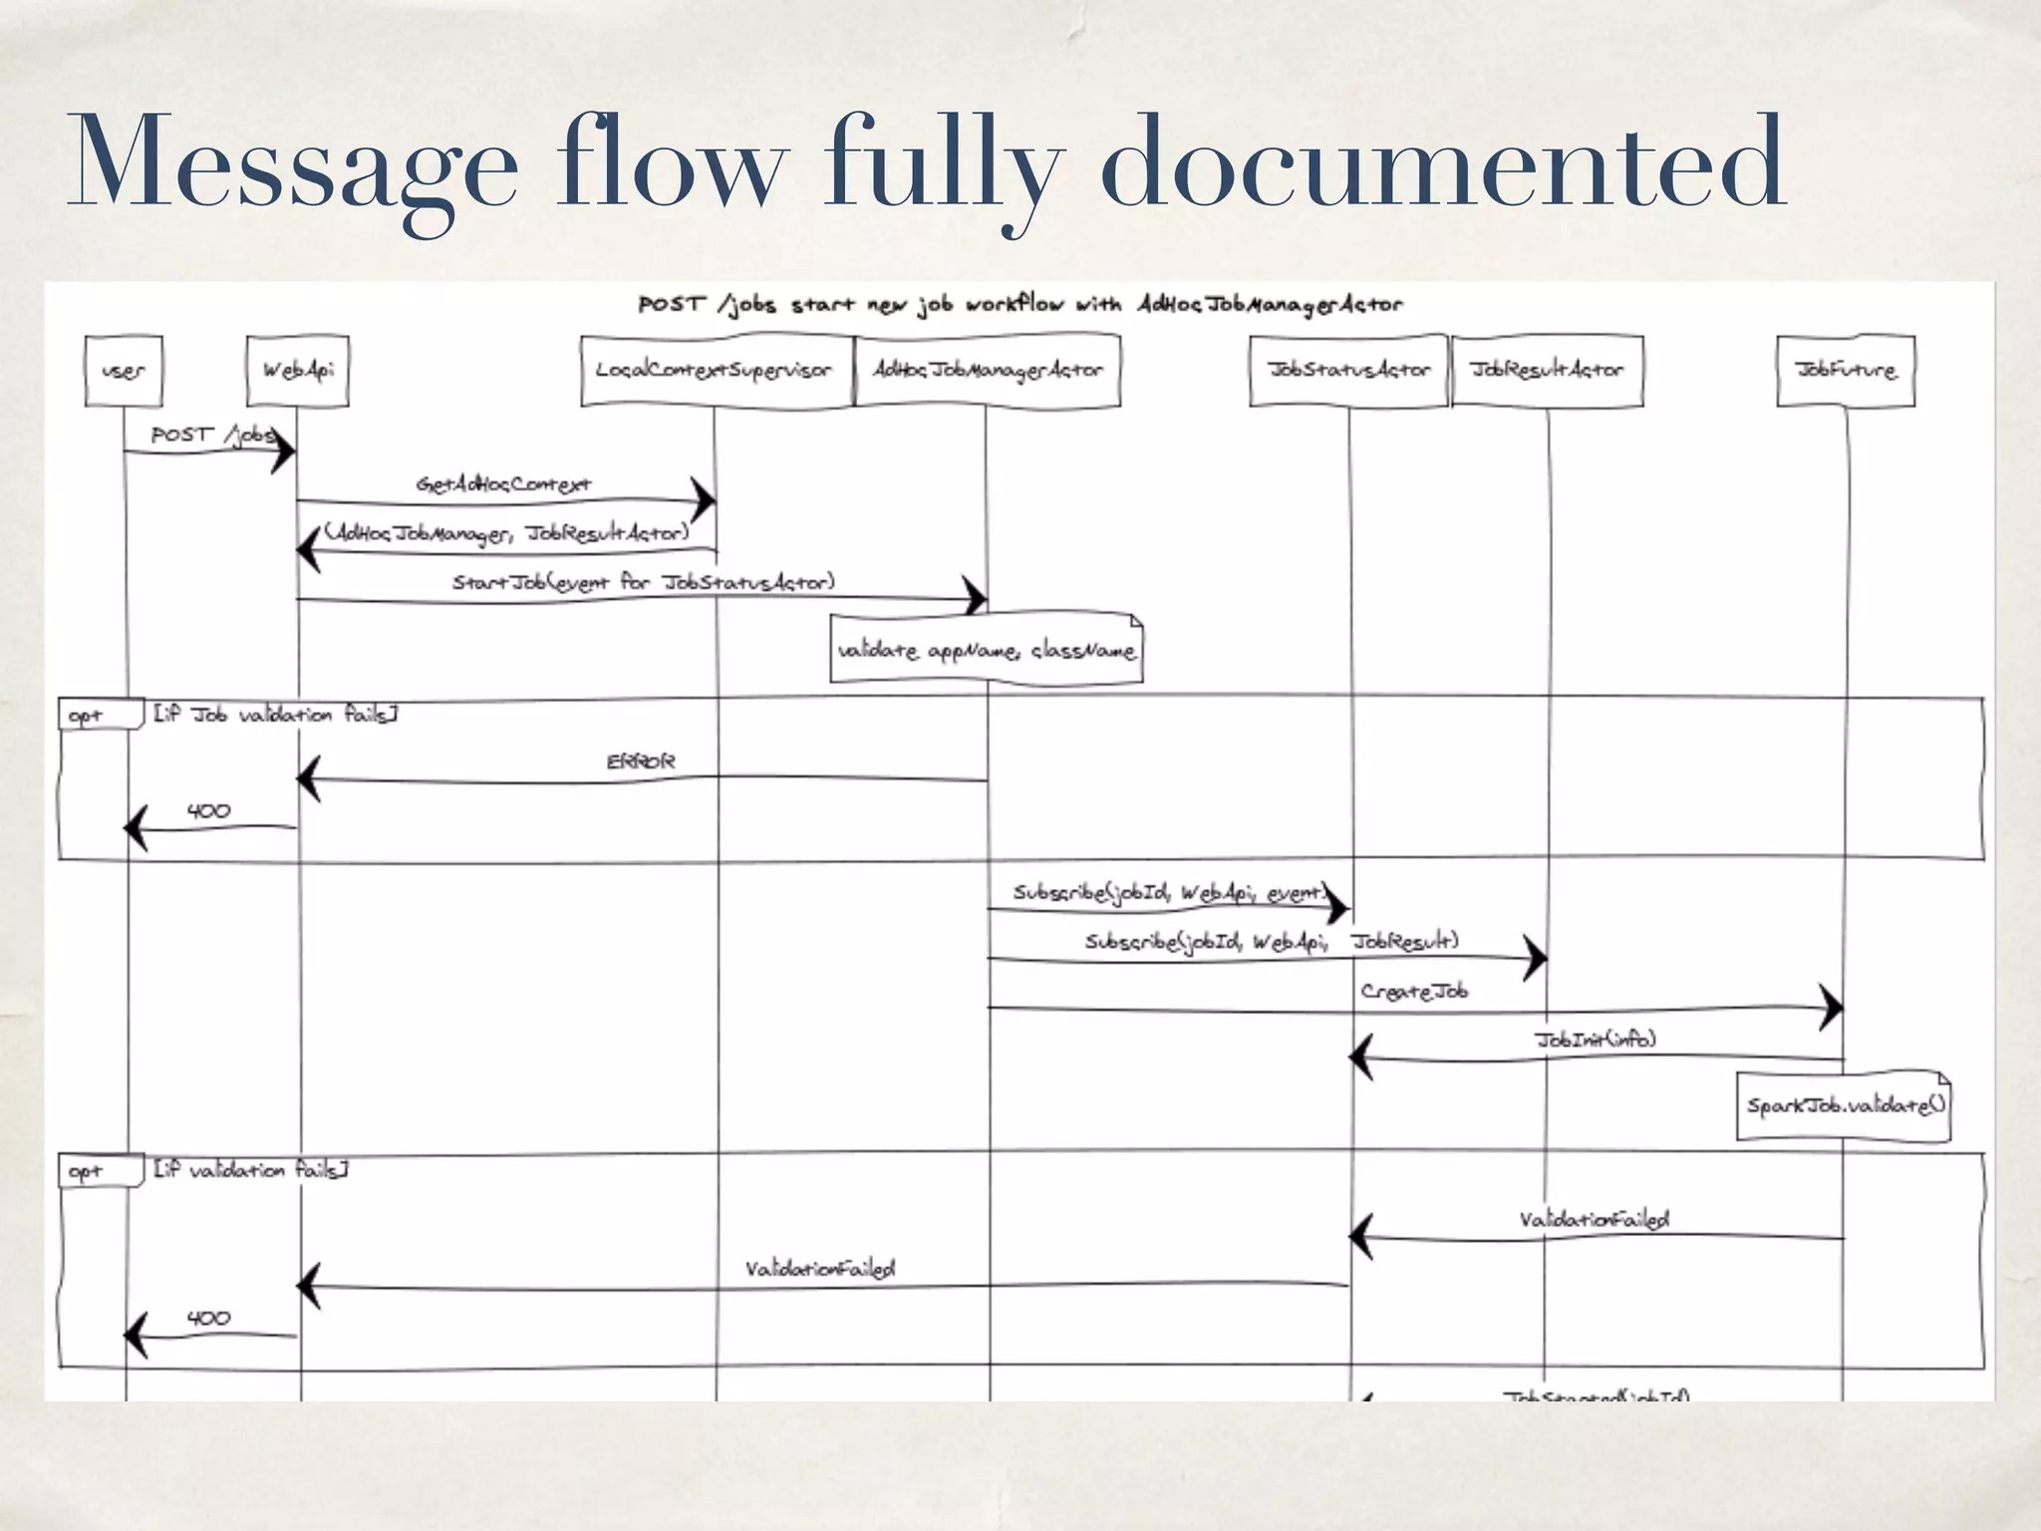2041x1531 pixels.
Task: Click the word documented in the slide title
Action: pyautogui.click(x=1443, y=161)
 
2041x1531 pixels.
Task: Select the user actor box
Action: pyautogui.click(x=124, y=371)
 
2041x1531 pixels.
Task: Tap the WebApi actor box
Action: pyautogui.click(x=298, y=371)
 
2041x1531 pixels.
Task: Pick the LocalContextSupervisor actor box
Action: pyautogui.click(x=715, y=371)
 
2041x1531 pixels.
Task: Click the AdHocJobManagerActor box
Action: pyautogui.click(x=988, y=371)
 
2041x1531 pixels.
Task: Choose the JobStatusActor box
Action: pyautogui.click(x=1348, y=371)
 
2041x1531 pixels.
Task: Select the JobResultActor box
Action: pyautogui.click(x=1547, y=371)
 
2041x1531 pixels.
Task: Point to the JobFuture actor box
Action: pyautogui.click(x=1845, y=371)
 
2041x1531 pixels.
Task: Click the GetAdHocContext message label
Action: pyautogui.click(x=503, y=484)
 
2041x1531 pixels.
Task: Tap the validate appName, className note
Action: pyautogui.click(x=986, y=651)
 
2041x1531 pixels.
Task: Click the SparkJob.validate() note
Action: pyautogui.click(x=1844, y=1105)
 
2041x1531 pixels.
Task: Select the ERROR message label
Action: pyautogui.click(x=640, y=762)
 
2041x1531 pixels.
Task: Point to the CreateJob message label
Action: pyautogui.click(x=1413, y=991)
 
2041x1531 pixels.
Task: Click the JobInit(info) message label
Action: pyautogui.click(x=1594, y=1040)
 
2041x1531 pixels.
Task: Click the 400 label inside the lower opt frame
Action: pyautogui.click(x=208, y=1318)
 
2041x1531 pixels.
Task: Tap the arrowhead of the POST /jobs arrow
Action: pyautogui.click(x=283, y=452)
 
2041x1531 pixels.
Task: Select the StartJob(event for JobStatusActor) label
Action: pyautogui.click(x=643, y=582)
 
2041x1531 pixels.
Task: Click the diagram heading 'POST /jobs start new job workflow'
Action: pyautogui.click(x=1019, y=304)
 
